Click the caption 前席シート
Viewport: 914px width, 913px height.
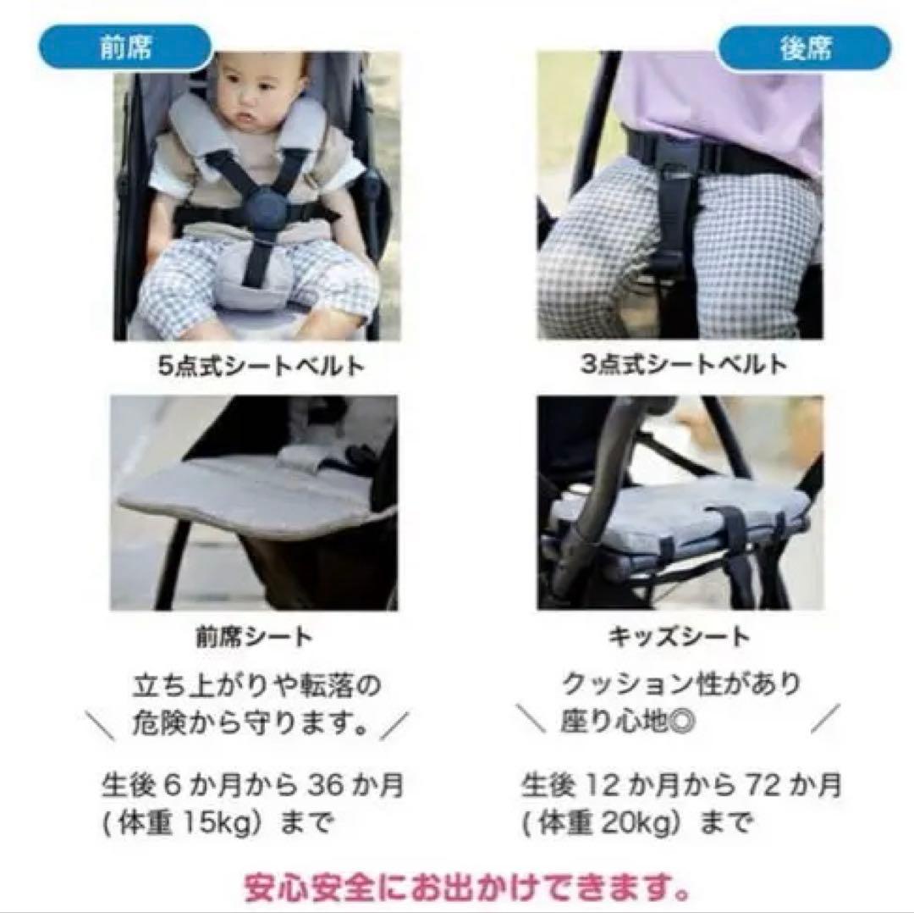[x=253, y=636]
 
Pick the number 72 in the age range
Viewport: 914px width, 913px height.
[x=743, y=786]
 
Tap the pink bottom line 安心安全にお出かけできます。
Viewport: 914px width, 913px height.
[x=465, y=888]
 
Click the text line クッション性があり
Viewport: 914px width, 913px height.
[x=681, y=683]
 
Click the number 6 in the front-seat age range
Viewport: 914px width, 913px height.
[x=171, y=786]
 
